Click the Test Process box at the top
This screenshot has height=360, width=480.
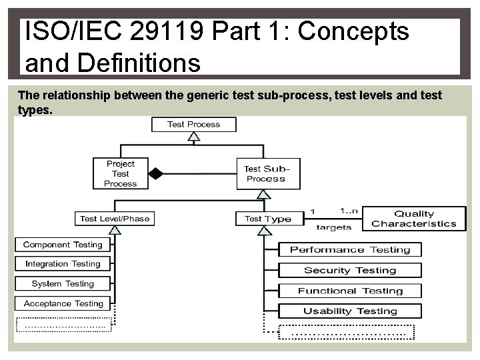pos(193,124)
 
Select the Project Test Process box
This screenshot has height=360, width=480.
pos(120,173)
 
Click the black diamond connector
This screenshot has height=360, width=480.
pos(155,174)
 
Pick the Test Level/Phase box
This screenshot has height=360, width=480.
pos(115,219)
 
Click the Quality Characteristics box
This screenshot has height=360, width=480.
pos(414,219)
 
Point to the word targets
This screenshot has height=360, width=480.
pos(333,227)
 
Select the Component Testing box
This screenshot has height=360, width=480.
pos(62,245)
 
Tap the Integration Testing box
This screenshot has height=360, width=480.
pos(62,264)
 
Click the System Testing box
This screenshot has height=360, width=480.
pos(62,283)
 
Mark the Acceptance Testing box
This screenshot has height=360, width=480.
pos(62,303)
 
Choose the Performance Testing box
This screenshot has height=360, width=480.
pos(349,250)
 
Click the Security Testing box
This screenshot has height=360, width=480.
pos(349,270)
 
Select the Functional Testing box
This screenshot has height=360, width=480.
pos(349,291)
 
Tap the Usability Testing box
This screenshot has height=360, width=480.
pos(349,311)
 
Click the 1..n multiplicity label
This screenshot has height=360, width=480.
pos(349,211)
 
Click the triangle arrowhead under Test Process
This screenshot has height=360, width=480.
pos(193,137)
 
